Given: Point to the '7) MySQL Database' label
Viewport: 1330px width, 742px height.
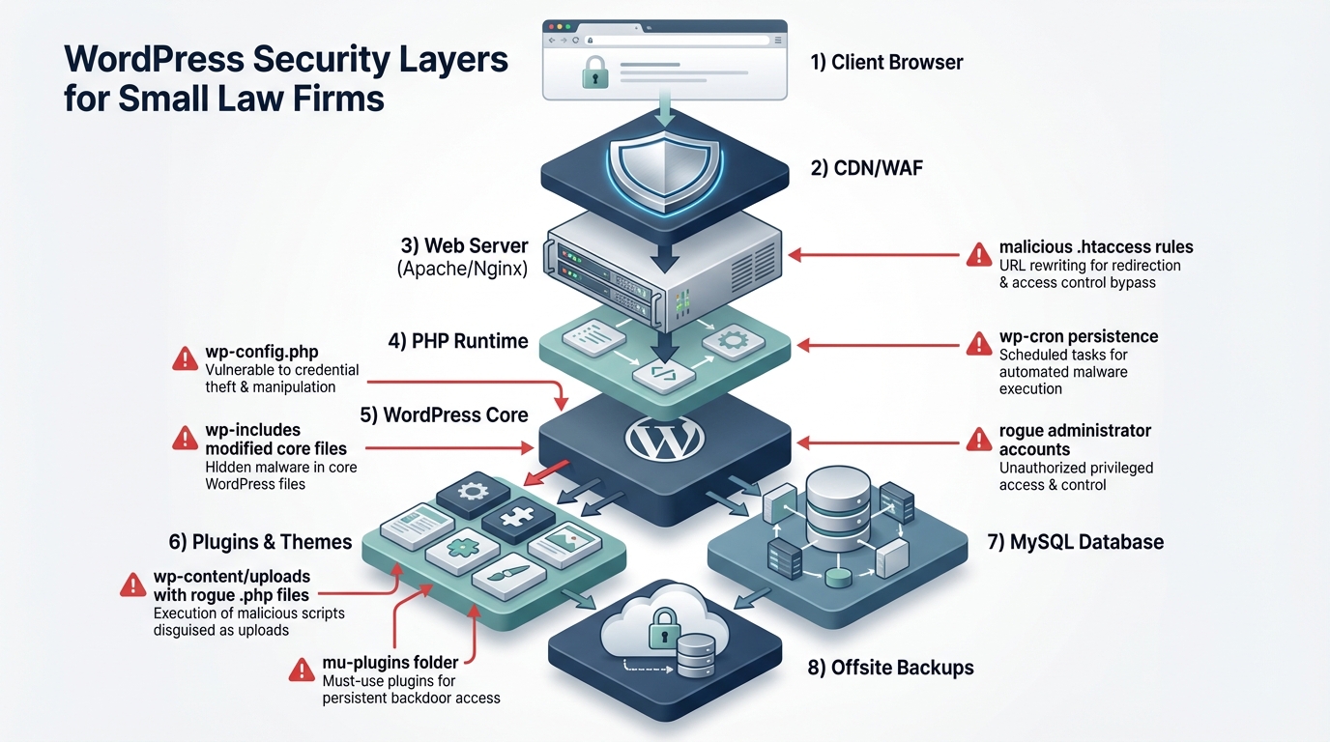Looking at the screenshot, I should pyautogui.click(x=1075, y=542).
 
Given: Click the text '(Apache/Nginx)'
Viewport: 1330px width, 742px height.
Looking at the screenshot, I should pyautogui.click(x=462, y=270).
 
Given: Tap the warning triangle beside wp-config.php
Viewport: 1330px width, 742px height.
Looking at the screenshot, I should pyautogui.click(x=185, y=358).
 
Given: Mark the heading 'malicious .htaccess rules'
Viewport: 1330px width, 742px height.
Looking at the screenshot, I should pyautogui.click(x=1096, y=247).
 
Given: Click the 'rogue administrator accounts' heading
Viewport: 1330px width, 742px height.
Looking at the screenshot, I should pyautogui.click(x=1075, y=440).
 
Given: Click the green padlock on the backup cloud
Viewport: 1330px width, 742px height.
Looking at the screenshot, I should pyautogui.click(x=664, y=624).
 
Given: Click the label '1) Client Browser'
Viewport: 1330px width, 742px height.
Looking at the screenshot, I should pyautogui.click(x=886, y=63).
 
